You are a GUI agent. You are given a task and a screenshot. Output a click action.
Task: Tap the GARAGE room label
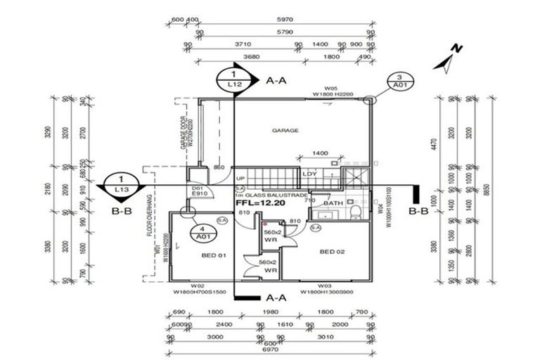(285, 130)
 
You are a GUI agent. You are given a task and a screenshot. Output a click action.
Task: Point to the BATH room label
(333, 204)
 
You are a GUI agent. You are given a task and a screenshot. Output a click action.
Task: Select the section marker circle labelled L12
(235, 79)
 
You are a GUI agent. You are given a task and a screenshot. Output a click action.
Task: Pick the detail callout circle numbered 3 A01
(399, 82)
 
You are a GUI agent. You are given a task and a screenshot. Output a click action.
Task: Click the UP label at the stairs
(240, 179)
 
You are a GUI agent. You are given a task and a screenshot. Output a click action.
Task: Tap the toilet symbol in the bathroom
(356, 212)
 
